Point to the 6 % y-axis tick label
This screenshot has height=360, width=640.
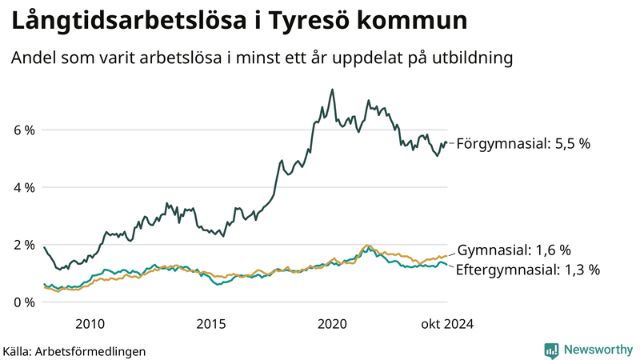[x=24, y=130]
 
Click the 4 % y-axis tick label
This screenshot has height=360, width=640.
[x=24, y=187]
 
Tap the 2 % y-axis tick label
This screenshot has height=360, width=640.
[x=24, y=245]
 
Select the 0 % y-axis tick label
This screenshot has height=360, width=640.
[x=24, y=302]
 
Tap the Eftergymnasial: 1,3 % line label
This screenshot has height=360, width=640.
[x=528, y=270]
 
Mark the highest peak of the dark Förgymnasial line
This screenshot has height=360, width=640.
[x=332, y=90]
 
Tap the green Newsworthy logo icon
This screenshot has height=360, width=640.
[x=551, y=350]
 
